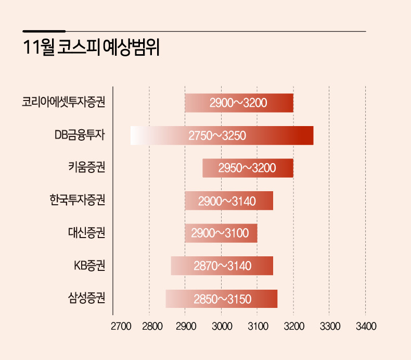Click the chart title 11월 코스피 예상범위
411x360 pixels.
pyautogui.click(x=91, y=47)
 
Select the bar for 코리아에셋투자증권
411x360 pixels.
pyautogui.click(x=239, y=103)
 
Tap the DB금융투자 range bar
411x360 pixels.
pyautogui.click(x=222, y=135)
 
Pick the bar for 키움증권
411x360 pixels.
pyautogui.click(x=248, y=168)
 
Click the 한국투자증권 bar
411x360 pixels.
pyautogui.click(x=229, y=201)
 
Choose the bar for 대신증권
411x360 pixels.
pyautogui.click(x=221, y=233)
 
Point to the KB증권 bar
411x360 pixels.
pyautogui.click(x=222, y=266)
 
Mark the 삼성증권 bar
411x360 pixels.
pyautogui.click(x=222, y=299)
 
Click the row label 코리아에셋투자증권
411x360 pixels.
pyautogui.click(x=63, y=102)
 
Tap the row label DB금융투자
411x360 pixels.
pyautogui.click(x=80, y=135)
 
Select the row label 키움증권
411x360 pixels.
pyautogui.click(x=87, y=167)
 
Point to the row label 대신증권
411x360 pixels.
pyautogui.click(x=87, y=232)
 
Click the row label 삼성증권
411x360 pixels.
pyautogui.click(x=87, y=298)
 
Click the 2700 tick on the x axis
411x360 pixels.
pyautogui.click(x=121, y=327)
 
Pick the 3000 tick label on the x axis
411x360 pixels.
pyautogui.click(x=222, y=327)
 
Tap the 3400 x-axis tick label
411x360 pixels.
pyautogui.click(x=366, y=327)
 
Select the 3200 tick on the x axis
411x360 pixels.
pyautogui.click(x=294, y=327)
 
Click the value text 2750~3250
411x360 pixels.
pyautogui.click(x=217, y=135)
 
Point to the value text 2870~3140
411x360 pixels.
pyautogui.click(x=223, y=266)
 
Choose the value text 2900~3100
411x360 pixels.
pyautogui.click(x=220, y=233)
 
